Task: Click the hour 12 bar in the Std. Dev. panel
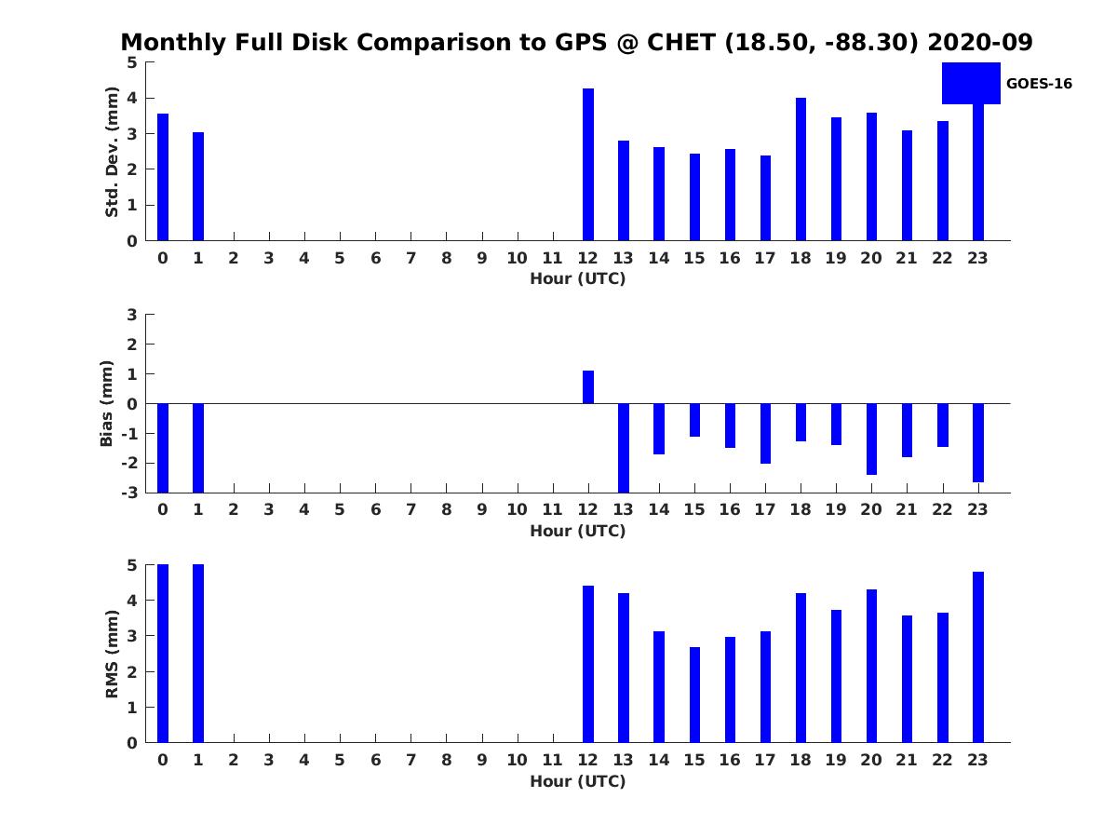tap(587, 165)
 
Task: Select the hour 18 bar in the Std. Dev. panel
tap(801, 169)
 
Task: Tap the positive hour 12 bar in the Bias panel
tap(587, 386)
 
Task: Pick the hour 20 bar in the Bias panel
tap(871, 439)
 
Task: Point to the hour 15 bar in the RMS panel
tap(694, 695)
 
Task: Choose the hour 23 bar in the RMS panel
tap(977, 656)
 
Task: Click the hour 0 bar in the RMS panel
tap(162, 654)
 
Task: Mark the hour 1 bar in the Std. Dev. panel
tap(198, 186)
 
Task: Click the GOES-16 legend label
tap(1039, 84)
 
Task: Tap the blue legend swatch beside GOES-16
tap(971, 84)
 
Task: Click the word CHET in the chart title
tap(681, 42)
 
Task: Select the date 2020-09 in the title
tap(980, 42)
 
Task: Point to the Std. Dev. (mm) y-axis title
tap(112, 152)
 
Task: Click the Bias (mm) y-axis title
tap(106, 403)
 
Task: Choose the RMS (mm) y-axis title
tap(112, 654)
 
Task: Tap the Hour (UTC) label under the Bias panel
tap(578, 531)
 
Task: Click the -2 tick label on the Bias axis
tap(129, 463)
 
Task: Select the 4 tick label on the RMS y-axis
tap(132, 601)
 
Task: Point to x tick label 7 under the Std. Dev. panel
tap(410, 259)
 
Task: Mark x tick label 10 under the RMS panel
tap(517, 760)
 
